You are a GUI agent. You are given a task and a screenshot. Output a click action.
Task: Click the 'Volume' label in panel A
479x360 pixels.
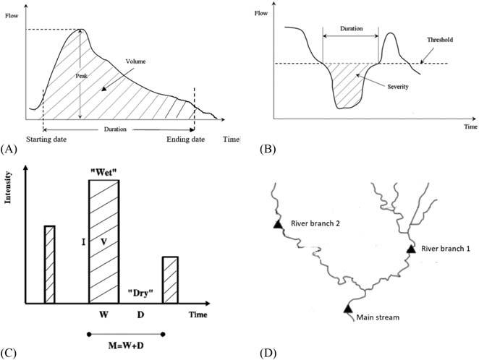136,61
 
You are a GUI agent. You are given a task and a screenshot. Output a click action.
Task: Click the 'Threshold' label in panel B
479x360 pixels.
439,40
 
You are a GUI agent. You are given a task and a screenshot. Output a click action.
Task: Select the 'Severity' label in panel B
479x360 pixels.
398,86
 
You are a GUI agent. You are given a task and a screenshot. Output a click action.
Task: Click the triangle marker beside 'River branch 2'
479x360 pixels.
276,225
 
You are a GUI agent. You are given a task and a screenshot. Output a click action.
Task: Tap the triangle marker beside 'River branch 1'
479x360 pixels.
411,248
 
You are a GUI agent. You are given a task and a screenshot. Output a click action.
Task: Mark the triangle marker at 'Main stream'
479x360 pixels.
347,309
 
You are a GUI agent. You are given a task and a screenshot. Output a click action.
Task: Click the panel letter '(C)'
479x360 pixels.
9,354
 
